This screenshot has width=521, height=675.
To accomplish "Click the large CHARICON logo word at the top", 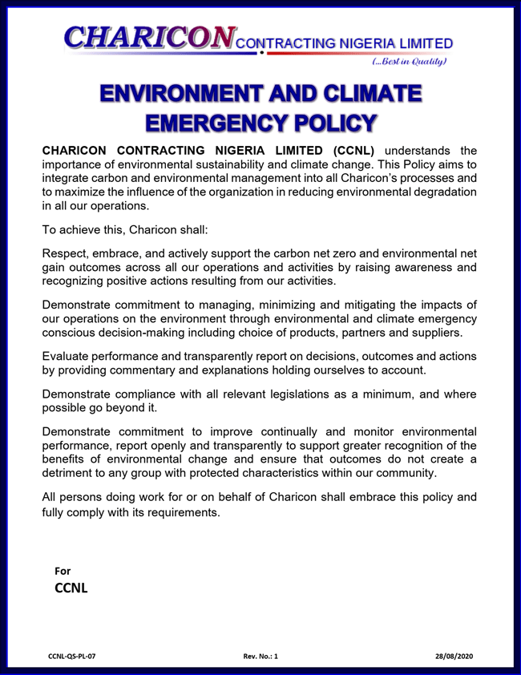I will (150, 35).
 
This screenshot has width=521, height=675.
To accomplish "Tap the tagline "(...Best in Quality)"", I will (409, 61).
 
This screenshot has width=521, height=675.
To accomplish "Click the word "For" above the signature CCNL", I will (62, 571).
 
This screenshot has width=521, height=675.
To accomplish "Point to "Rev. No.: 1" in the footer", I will (260, 657).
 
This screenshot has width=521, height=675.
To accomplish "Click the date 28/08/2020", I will (454, 657).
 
